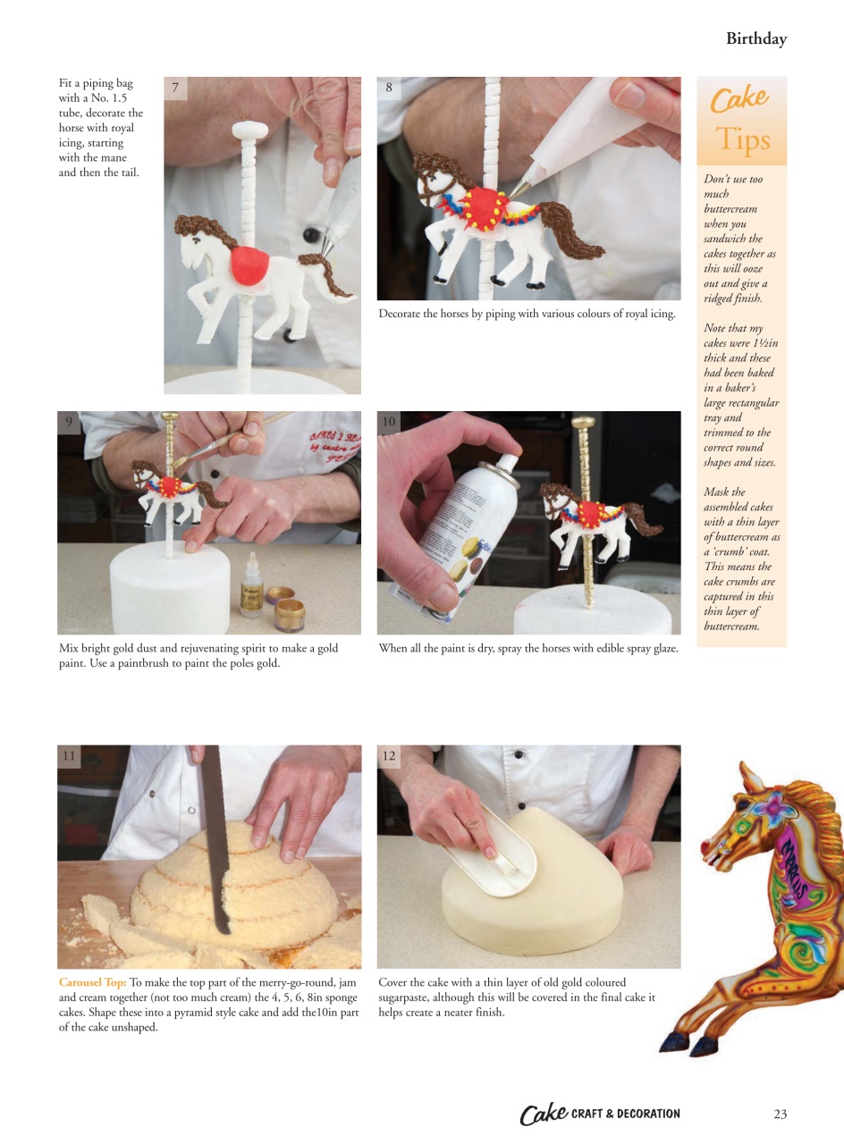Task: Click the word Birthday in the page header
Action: coord(755,38)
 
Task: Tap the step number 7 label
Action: coord(175,88)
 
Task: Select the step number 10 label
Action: coord(389,422)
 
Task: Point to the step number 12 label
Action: coord(389,756)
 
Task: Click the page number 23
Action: coord(780,1114)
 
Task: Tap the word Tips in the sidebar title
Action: coord(742,139)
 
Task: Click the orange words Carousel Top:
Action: coord(92,982)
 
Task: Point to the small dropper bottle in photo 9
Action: coord(251,593)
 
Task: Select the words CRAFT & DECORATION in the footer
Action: coord(625,1114)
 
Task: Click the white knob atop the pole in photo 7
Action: coord(249,130)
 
